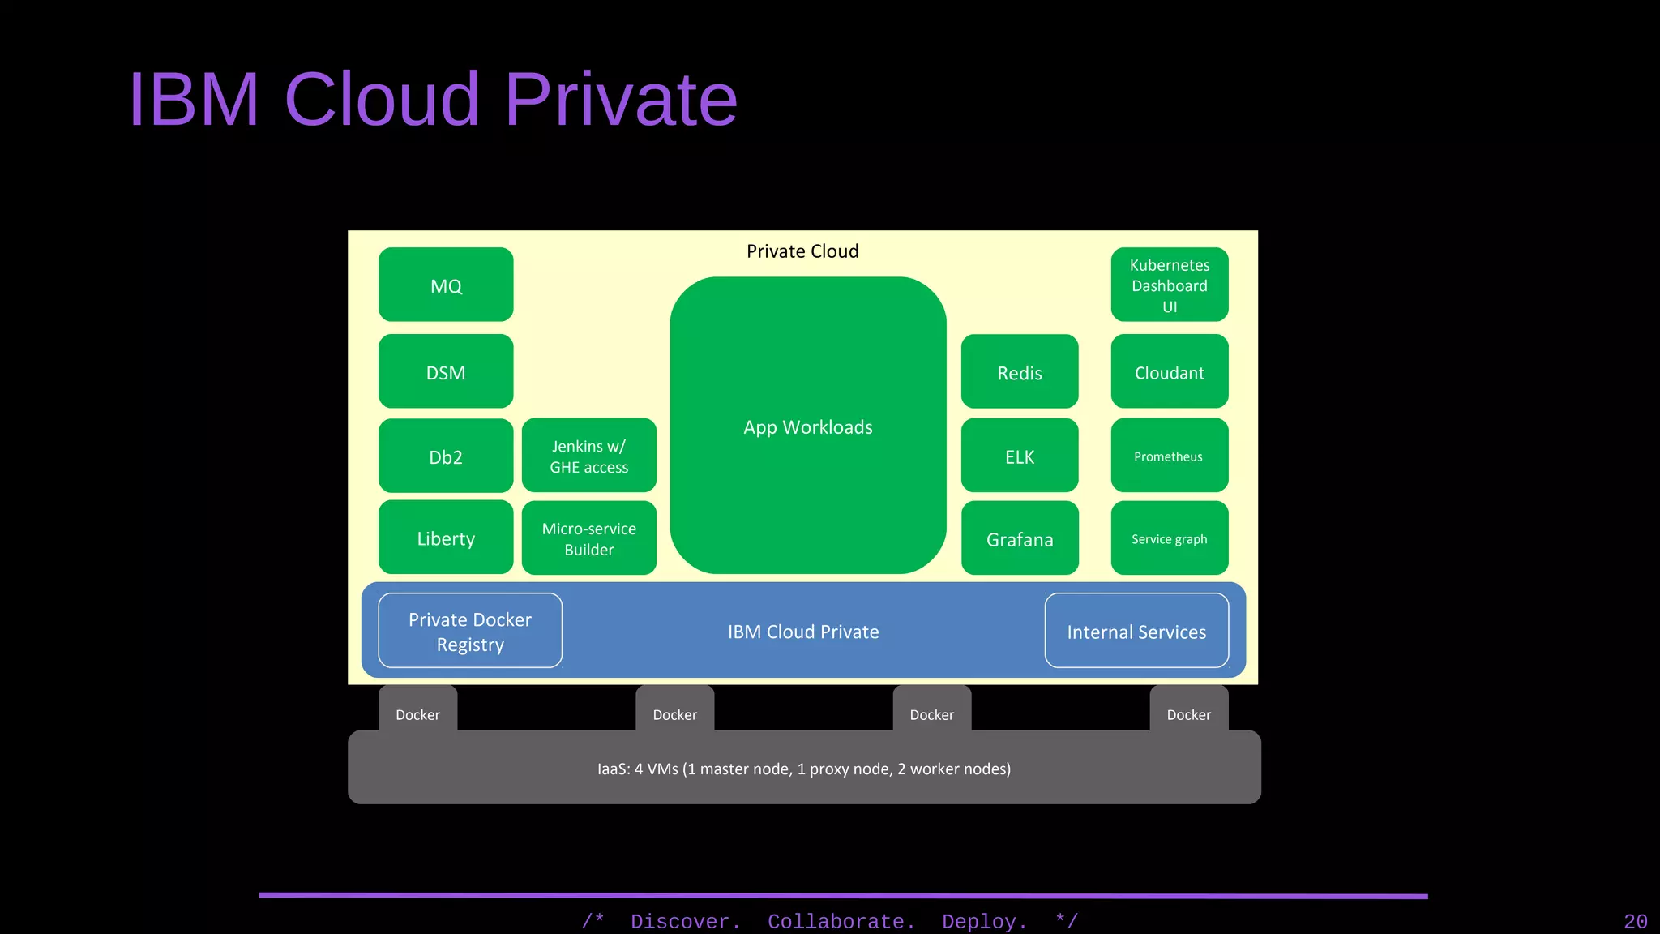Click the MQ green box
point(446,285)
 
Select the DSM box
point(446,371)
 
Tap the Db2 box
point(446,456)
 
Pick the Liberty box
point(446,538)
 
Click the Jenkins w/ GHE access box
point(589,456)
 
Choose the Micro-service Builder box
point(589,538)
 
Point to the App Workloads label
point(808,427)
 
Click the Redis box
point(1020,371)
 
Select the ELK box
point(1020,456)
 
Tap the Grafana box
point(1020,538)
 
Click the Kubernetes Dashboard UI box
point(1170,285)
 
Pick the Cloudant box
point(1170,371)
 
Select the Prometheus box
point(1170,456)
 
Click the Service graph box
point(1170,538)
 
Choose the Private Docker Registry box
point(470,631)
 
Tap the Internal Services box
point(1136,631)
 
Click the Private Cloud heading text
point(802,251)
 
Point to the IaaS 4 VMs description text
point(804,769)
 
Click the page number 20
point(1635,922)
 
